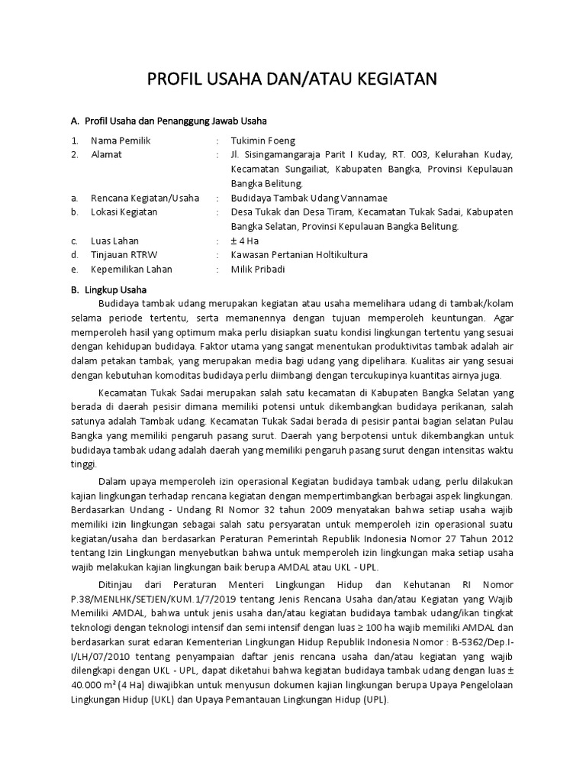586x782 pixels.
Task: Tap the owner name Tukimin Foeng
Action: (262, 141)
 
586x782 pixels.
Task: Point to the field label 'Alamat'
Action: (106, 154)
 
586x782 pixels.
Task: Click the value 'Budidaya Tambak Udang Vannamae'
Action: (299, 198)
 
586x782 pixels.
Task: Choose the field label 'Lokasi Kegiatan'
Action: (124, 212)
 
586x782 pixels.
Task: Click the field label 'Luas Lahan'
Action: (114, 241)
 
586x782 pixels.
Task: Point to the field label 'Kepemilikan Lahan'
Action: (131, 269)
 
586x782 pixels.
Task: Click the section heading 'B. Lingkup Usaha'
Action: (108, 289)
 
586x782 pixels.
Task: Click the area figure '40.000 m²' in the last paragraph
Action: (93, 685)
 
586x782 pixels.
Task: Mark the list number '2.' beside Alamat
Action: (75, 154)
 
